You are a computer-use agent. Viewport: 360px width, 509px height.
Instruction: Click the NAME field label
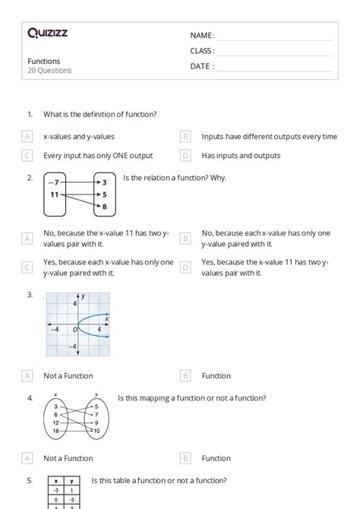201,36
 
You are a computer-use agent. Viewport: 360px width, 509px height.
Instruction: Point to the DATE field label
201,66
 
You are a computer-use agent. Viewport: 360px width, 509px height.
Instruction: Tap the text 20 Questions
49,71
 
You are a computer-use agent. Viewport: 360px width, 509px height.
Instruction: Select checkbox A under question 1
27,137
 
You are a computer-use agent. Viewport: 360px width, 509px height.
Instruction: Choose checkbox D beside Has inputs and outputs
185,156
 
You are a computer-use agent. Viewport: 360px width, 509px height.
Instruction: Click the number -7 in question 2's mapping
53,183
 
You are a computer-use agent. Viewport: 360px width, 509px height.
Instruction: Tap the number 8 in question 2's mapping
104,207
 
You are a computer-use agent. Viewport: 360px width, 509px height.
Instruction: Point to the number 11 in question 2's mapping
54,195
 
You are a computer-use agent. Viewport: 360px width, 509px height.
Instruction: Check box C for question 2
27,267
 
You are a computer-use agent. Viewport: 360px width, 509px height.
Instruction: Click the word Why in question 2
216,179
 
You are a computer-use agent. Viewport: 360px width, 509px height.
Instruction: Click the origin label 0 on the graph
75,330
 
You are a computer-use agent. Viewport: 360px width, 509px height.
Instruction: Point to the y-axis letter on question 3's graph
83,296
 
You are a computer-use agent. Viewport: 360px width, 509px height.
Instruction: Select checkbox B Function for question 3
185,375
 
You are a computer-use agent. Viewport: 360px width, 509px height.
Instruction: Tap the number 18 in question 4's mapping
56,431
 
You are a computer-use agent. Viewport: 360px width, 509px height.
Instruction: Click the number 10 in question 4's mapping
96,431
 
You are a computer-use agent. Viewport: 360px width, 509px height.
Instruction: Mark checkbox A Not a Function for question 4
27,458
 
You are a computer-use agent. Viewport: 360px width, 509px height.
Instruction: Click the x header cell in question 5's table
56,482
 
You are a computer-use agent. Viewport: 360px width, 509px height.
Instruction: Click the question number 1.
30,114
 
